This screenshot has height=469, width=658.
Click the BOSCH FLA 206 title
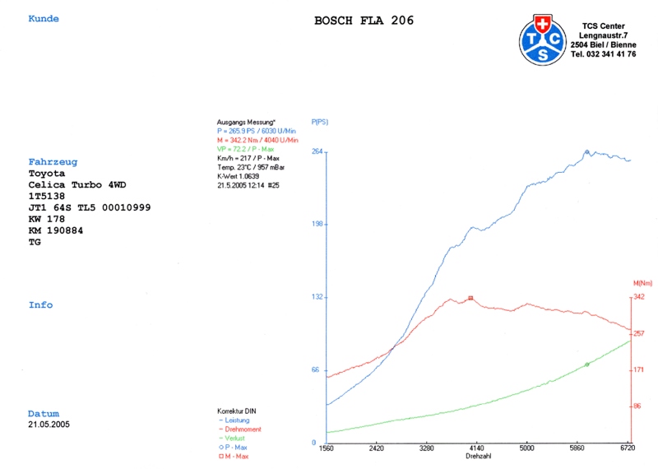pyautogui.click(x=364, y=21)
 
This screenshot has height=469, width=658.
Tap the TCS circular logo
pyautogui.click(x=543, y=39)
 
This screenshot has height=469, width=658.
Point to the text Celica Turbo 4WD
pyautogui.click(x=78, y=185)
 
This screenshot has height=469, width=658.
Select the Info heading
pyautogui.click(x=40, y=305)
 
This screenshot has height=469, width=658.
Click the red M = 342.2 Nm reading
pyautogui.click(x=257, y=140)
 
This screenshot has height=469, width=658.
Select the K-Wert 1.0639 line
pyautogui.click(x=238, y=176)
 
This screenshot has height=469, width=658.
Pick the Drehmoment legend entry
pyautogui.click(x=242, y=429)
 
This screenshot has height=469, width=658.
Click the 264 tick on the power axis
pyautogui.click(x=317, y=151)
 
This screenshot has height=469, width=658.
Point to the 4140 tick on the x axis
pyautogui.click(x=476, y=448)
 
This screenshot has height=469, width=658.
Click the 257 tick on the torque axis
pyautogui.click(x=638, y=333)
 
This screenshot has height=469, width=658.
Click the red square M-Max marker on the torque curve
pyautogui.click(x=470, y=298)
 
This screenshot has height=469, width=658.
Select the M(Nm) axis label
pyautogui.click(x=642, y=284)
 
